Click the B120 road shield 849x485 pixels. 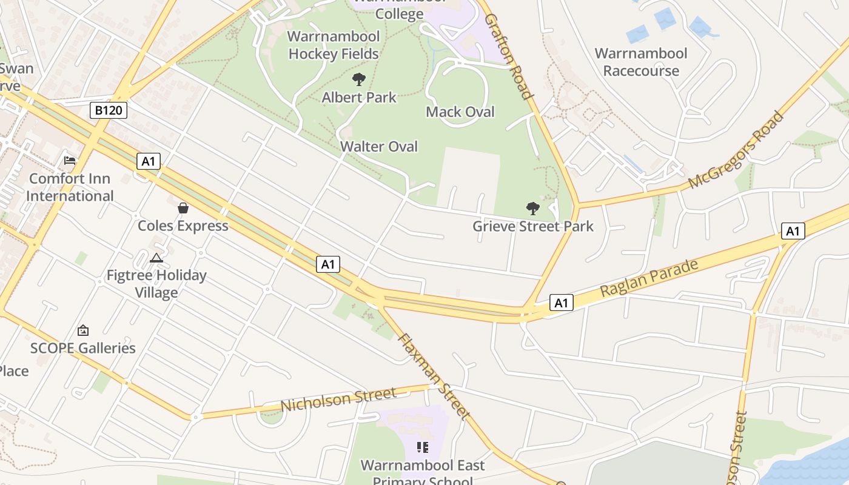pyautogui.click(x=108, y=110)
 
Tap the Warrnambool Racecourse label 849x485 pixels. pyautogui.click(x=641, y=62)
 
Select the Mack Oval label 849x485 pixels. pyautogui.click(x=460, y=112)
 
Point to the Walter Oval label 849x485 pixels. pyautogui.click(x=379, y=146)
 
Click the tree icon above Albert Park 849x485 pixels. pyautogui.click(x=359, y=79)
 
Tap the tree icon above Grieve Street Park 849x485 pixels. pyautogui.click(x=533, y=209)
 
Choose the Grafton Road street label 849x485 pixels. pyautogui.click(x=509, y=56)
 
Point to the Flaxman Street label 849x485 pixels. pyautogui.click(x=434, y=376)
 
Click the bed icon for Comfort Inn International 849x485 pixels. pyautogui.click(x=70, y=161)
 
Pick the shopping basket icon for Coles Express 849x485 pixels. pyautogui.click(x=183, y=208)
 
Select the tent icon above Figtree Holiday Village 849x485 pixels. pyautogui.click(x=156, y=258)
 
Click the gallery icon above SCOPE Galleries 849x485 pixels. pyautogui.click(x=83, y=330)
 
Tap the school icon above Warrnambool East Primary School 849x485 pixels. pyautogui.click(x=423, y=448)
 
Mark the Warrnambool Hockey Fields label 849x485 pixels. pyautogui.click(x=334, y=45)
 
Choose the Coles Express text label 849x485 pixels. pyautogui.click(x=183, y=226)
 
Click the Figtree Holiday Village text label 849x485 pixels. pyautogui.click(x=156, y=284)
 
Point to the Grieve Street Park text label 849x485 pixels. pyautogui.click(x=533, y=227)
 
